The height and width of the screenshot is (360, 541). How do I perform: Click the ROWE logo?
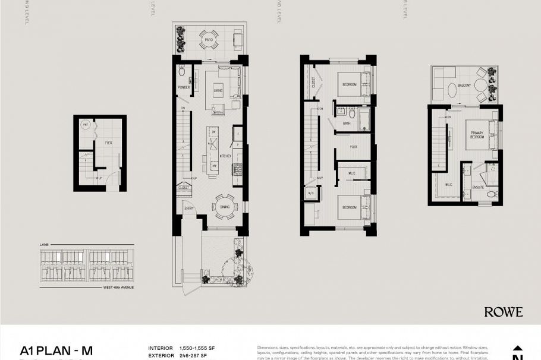(503, 312)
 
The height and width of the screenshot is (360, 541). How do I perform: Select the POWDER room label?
(184, 87)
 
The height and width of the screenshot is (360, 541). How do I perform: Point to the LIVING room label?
(218, 90)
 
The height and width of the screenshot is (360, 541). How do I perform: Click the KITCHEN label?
(225, 156)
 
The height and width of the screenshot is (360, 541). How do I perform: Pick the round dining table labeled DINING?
(225, 206)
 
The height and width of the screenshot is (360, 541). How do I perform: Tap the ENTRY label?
(189, 209)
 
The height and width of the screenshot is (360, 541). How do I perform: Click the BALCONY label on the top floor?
(464, 86)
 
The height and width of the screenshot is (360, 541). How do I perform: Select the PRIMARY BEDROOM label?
(477, 135)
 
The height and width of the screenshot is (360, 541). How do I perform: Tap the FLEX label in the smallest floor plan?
(108, 143)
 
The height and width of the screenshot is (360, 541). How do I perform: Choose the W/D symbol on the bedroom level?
(310, 193)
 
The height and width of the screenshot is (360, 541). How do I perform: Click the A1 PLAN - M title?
(56, 350)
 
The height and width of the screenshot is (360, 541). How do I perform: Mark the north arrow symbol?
(517, 350)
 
